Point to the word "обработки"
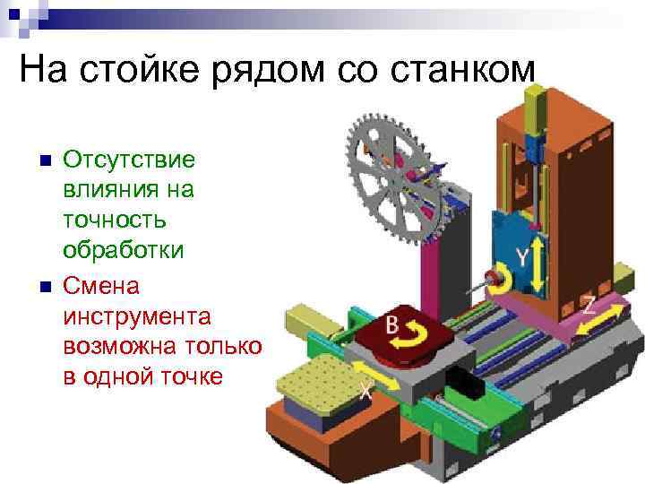tap(124, 252)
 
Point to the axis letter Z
tap(589, 304)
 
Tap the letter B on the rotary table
tap(391, 325)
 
